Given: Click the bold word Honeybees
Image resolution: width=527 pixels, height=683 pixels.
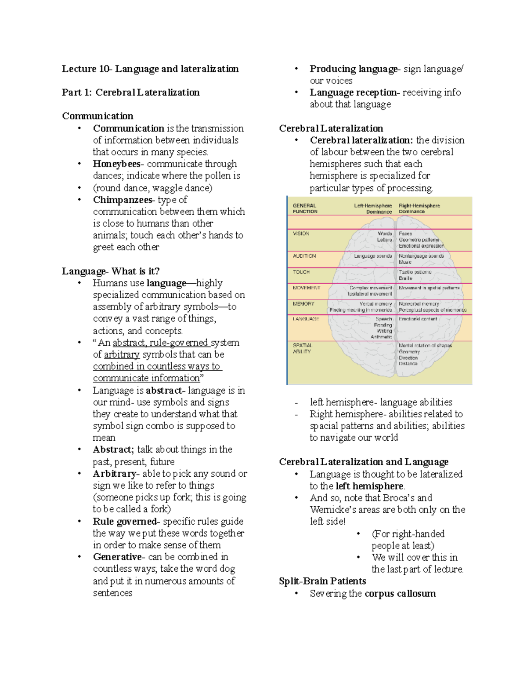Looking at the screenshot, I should pos(116,164).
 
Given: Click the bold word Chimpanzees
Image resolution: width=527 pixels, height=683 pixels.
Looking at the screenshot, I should pos(123,200).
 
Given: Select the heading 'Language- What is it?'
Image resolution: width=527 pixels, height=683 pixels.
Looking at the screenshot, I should pos(111,271).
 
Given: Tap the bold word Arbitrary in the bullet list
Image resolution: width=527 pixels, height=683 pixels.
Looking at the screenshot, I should pos(115,474).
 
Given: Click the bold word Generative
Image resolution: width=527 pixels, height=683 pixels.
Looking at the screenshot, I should pos(117,557).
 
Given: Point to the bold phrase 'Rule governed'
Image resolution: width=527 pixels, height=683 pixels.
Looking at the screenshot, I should pos(125,521).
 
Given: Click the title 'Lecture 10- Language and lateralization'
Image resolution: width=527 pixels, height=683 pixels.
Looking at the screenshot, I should pos(150,69).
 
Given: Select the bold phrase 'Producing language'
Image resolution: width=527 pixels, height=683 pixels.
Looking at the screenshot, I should pos(353,69).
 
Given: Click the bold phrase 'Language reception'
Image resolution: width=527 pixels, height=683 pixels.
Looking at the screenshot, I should pos(353,92).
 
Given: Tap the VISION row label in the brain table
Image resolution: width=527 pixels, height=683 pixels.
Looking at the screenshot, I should pos(301,234).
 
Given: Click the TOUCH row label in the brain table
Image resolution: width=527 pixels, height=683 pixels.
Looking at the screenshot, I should pos(301,272).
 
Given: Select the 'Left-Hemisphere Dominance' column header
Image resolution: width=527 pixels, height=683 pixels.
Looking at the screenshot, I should pos(373,208).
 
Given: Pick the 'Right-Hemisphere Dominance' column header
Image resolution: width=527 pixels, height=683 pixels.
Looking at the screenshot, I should pos(419,208).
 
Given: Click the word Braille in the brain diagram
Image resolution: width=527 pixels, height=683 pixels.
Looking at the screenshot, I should pos(405,278).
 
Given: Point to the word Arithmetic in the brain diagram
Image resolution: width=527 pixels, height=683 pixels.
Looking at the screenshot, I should pos(381,337).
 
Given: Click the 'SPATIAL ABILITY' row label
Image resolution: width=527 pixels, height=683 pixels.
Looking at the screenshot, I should pos(302,348).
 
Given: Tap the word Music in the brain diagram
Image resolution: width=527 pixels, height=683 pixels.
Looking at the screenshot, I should pos(405,262).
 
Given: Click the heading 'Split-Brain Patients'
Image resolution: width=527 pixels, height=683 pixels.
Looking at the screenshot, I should pos(322,581).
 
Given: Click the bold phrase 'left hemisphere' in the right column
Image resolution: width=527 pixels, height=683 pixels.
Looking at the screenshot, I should pos(369,486).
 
